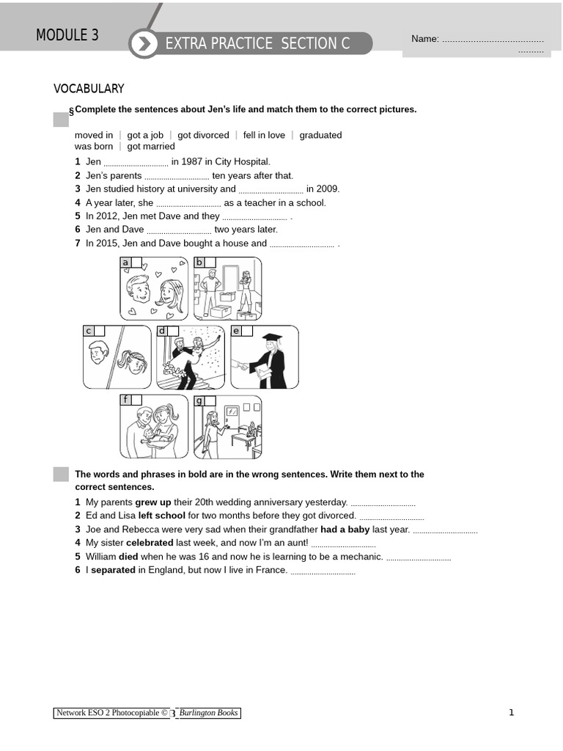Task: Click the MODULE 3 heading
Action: (67, 35)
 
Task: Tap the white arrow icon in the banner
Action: (144, 44)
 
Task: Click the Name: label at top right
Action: (424, 39)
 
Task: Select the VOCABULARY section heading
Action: (89, 89)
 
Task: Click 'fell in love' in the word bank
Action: (264, 135)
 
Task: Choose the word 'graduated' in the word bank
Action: (320, 135)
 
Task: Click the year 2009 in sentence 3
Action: (327, 188)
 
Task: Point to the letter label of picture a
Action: (125, 263)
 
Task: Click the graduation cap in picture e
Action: (272, 339)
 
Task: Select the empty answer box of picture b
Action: (210, 263)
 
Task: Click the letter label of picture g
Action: (199, 400)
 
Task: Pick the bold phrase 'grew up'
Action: (152, 502)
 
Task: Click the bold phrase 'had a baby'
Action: (345, 530)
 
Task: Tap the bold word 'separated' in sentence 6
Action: (113, 570)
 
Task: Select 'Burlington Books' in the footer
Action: (209, 713)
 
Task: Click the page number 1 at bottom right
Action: (512, 712)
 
